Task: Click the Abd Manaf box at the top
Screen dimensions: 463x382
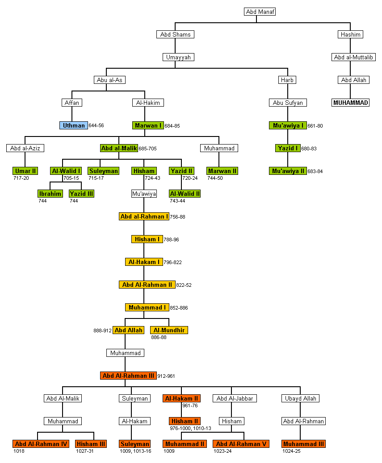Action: [x=260, y=12]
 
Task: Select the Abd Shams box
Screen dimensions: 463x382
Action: [x=175, y=34]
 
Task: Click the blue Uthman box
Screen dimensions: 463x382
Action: [x=74, y=125]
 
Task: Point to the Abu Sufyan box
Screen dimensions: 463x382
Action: [x=288, y=103]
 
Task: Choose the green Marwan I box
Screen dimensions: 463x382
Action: [x=148, y=125]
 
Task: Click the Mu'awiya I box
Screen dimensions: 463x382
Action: [x=288, y=125]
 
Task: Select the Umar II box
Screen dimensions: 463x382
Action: [x=25, y=171]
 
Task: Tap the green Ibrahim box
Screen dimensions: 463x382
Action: [x=50, y=194]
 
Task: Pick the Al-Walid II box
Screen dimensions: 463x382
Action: [x=185, y=194]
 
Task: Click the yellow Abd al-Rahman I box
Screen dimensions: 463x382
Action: [x=144, y=216]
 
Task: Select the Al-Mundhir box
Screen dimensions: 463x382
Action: [x=169, y=330]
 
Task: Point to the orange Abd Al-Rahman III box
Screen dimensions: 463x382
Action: [x=128, y=376]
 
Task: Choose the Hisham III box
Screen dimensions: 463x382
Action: [x=91, y=444]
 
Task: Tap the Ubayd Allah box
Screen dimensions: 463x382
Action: [x=300, y=398]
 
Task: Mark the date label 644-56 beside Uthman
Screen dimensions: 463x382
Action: [x=96, y=126]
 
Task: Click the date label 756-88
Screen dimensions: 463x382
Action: [x=177, y=217]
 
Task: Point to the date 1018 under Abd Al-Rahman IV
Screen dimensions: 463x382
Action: [x=19, y=451]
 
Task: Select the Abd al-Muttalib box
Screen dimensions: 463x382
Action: [x=355, y=57]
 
